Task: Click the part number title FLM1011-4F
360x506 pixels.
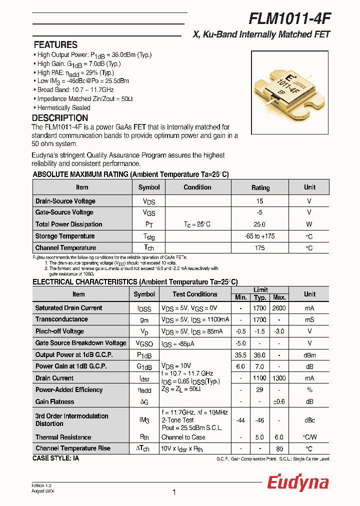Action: pyautogui.click(x=289, y=18)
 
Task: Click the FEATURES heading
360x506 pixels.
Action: pyautogui.click(x=55, y=44)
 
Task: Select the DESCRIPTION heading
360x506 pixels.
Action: pyautogui.click(x=60, y=118)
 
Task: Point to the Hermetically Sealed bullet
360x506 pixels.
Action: pyautogui.click(x=63, y=107)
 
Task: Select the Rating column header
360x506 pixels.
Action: pyautogui.click(x=260, y=187)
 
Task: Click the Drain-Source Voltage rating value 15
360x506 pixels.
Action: pyautogui.click(x=259, y=201)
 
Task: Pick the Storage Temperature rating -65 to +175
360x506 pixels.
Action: pyautogui.click(x=259, y=236)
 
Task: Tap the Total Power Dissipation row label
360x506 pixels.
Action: pyautogui.click(x=68, y=224)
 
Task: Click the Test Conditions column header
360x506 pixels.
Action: pyautogui.click(x=195, y=294)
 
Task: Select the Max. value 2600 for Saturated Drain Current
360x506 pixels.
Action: pyautogui.click(x=278, y=308)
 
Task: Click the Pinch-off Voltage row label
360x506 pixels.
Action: pyautogui.click(x=59, y=331)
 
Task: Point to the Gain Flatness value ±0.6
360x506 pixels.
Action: pyautogui.click(x=278, y=401)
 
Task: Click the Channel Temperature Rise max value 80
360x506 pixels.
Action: pyautogui.click(x=278, y=448)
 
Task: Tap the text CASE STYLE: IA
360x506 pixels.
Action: pyautogui.click(x=55, y=458)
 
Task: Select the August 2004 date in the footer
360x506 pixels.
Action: pyautogui.click(x=43, y=491)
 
